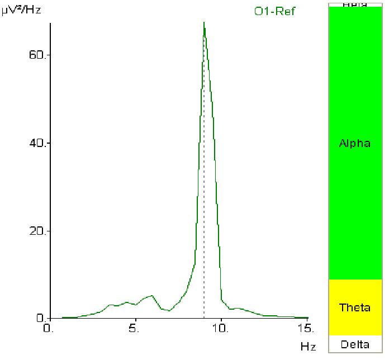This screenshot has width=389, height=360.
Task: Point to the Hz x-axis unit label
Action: [x=307, y=347]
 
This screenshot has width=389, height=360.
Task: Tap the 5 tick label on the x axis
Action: [x=135, y=329]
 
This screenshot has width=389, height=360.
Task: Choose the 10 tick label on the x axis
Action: [x=221, y=329]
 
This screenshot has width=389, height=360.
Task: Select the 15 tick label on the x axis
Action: [x=307, y=329]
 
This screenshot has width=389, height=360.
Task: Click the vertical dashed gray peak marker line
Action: [x=204, y=168]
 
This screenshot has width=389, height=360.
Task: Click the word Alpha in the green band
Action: [x=355, y=144]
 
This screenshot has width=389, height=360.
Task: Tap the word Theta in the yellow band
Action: [x=355, y=307]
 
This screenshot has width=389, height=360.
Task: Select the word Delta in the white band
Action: [x=355, y=344]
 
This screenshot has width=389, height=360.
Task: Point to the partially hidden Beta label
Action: [x=355, y=4]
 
